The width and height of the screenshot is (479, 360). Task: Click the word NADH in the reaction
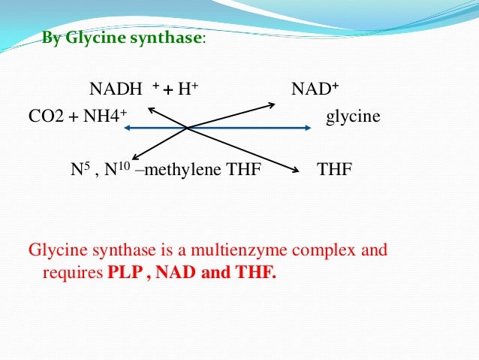point(116,91)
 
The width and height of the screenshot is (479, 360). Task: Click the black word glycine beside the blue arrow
point(353,118)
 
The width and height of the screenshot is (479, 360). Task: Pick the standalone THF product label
point(335,170)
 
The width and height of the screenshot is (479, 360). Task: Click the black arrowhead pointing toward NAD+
point(273,104)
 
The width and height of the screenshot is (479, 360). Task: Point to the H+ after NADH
point(188,91)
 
